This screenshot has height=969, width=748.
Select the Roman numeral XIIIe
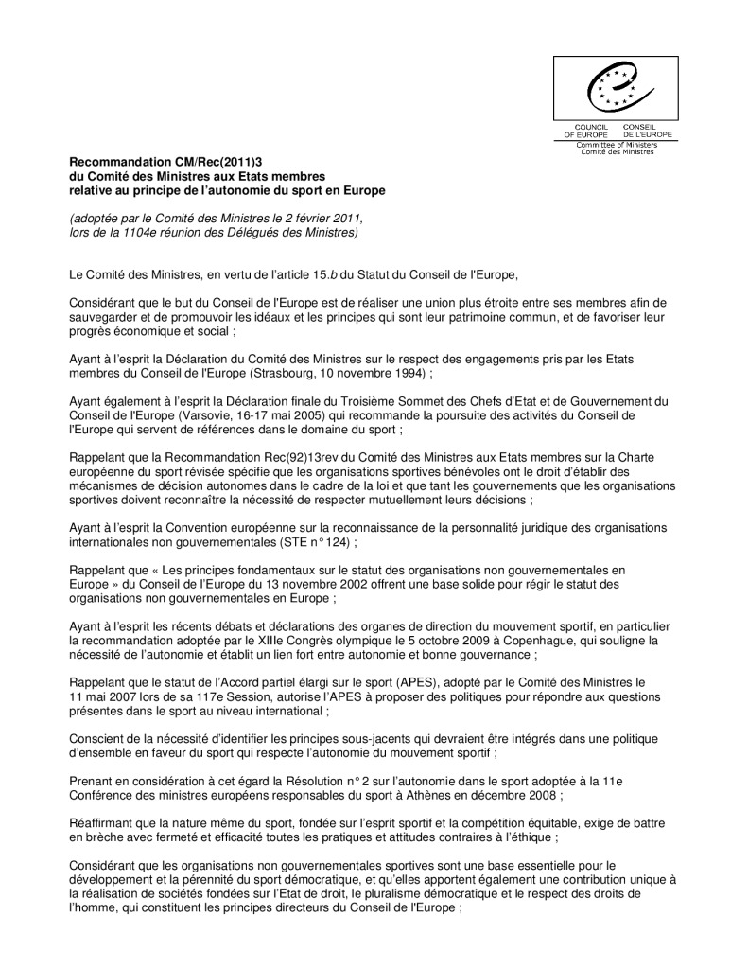283,641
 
